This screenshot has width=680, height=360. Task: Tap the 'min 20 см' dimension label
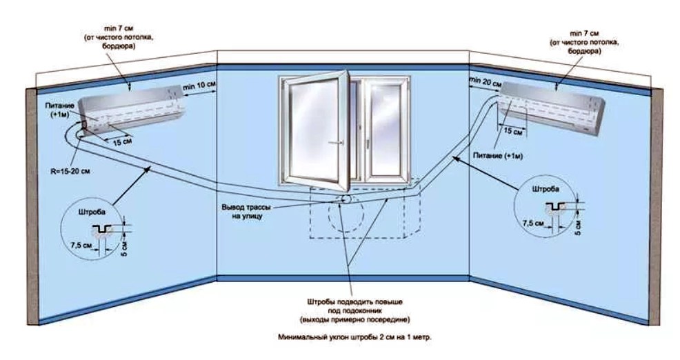[x=483, y=81]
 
